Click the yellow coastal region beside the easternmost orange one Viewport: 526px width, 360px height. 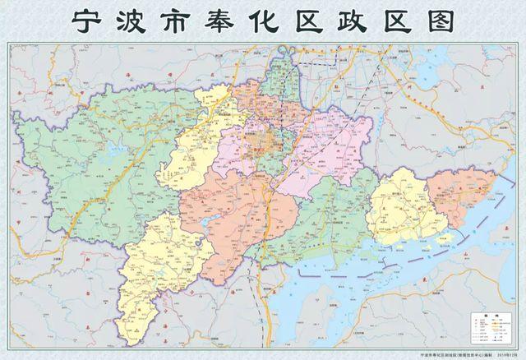[398, 205]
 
